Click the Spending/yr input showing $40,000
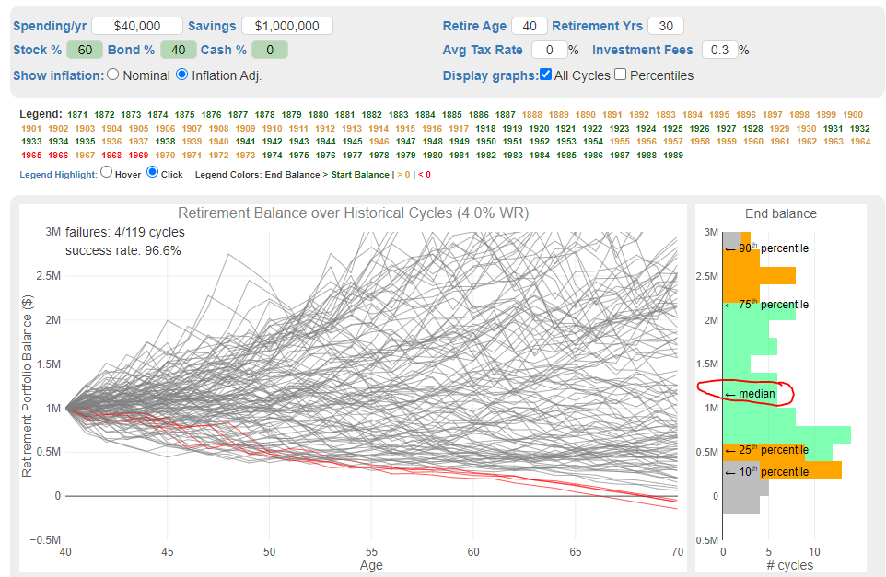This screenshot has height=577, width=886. (x=137, y=26)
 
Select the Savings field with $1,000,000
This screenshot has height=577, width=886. (x=287, y=26)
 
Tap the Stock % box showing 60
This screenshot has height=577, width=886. (x=85, y=50)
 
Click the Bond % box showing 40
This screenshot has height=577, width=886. (x=178, y=50)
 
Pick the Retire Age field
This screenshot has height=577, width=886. (x=529, y=26)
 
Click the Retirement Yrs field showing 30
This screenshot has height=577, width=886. (x=665, y=26)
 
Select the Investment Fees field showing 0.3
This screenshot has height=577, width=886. (x=719, y=50)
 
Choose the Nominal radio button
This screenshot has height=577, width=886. (x=113, y=75)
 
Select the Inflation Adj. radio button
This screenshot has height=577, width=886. (x=181, y=75)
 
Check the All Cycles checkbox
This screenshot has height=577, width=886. (x=546, y=75)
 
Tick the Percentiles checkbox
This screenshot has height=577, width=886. (x=620, y=75)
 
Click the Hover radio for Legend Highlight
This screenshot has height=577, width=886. (x=106, y=172)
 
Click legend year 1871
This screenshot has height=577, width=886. (x=77, y=114)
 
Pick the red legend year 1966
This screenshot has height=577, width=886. (x=58, y=156)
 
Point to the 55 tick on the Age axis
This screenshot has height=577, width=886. (x=371, y=551)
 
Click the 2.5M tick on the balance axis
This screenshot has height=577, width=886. (x=47, y=276)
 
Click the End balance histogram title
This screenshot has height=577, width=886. (x=780, y=213)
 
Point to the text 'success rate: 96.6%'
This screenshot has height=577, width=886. (x=123, y=250)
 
